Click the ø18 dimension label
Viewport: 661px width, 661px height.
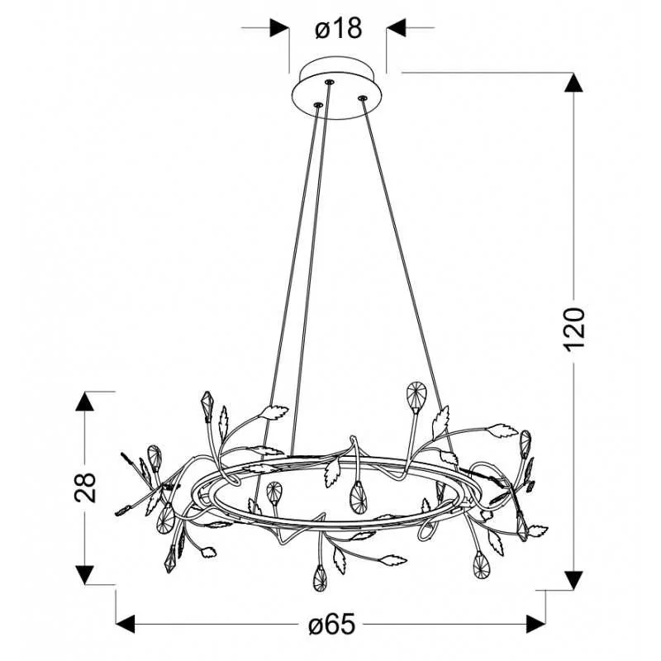pos(339,29)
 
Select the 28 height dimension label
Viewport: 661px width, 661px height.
pos(85,487)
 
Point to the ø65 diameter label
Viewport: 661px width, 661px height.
pos(332,625)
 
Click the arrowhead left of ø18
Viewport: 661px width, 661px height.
pos(279,28)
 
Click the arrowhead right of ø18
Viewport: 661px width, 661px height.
pos(396,28)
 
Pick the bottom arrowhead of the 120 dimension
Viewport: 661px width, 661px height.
pos(573,581)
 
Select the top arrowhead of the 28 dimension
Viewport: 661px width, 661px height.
pos(85,401)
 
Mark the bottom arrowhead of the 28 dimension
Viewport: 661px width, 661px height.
pos(85,575)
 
